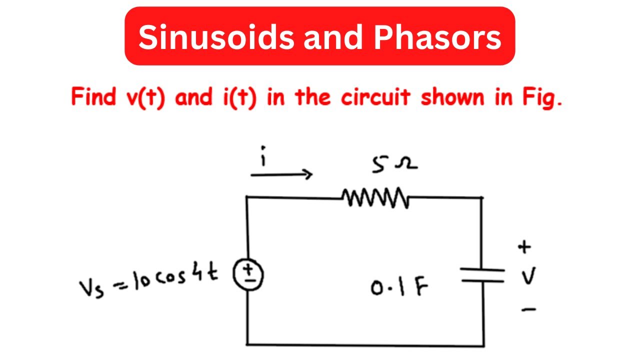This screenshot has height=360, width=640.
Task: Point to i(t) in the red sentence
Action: click(x=238, y=97)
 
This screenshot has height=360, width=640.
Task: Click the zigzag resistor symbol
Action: click(x=375, y=197)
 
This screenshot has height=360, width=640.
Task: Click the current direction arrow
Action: click(x=281, y=174)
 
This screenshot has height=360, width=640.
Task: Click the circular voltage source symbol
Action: click(x=247, y=275)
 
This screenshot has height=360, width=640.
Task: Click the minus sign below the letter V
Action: click(x=528, y=310)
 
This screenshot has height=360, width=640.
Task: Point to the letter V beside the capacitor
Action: click(x=528, y=277)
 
